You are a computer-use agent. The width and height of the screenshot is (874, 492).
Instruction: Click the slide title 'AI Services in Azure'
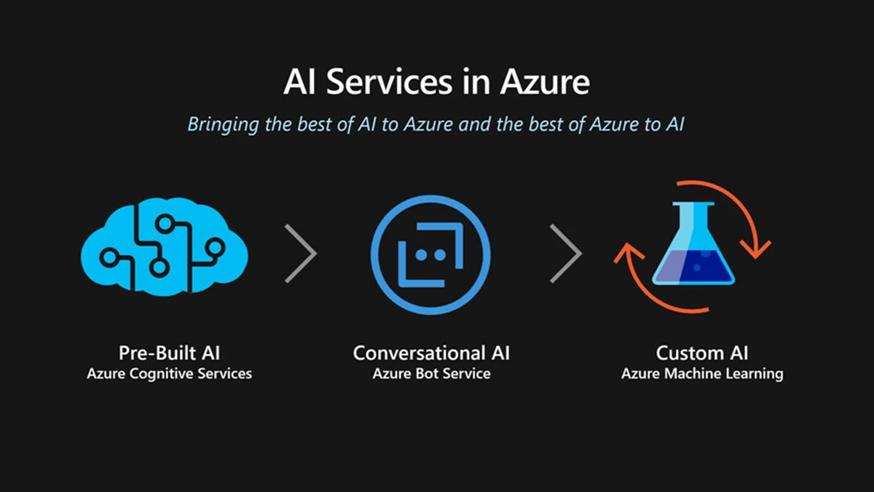[436, 82]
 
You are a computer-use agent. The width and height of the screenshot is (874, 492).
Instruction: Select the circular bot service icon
[430, 252]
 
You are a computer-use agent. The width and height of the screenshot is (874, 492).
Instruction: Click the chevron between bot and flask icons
[566, 252]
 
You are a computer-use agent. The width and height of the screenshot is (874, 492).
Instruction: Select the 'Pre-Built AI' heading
[169, 354]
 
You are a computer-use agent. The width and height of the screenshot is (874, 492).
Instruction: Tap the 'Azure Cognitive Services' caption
[169, 374]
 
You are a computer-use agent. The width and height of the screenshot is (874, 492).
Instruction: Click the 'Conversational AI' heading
[431, 354]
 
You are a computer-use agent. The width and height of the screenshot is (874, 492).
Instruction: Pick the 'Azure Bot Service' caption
[431, 374]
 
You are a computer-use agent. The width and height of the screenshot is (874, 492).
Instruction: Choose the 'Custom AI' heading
[701, 354]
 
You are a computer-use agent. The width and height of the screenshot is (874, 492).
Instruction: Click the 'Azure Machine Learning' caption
[701, 374]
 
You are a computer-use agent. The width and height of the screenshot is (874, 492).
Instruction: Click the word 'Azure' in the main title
[545, 82]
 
